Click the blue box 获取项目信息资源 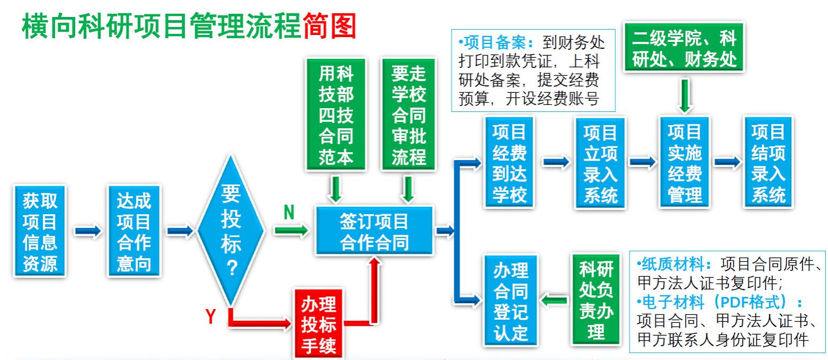40,231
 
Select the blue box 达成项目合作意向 134,231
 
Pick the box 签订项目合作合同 374,231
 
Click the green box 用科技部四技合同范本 336,115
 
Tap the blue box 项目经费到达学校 509,162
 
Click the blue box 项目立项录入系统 600,163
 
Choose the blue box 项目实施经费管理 684,162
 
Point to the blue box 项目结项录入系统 768,162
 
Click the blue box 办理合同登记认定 510,301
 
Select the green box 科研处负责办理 596,301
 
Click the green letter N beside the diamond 289,212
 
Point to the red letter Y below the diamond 210,317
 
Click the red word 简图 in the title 329,25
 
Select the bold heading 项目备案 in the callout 488,42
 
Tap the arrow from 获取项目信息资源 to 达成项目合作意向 87,231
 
